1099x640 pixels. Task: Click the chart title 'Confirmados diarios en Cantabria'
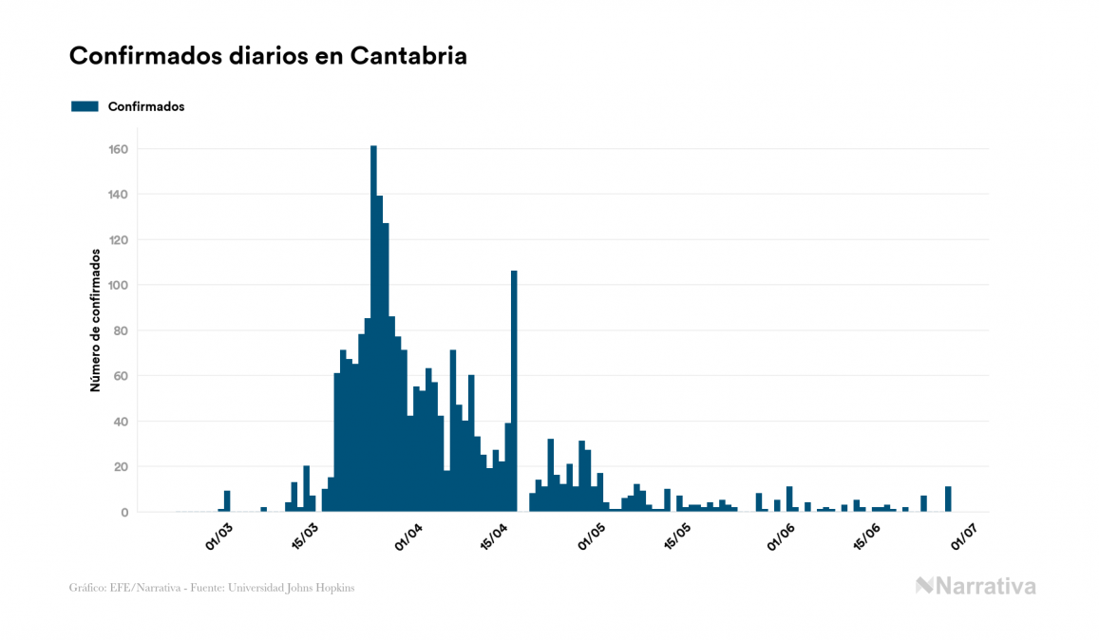[x=268, y=56]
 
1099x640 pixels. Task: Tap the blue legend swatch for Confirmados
[x=85, y=106]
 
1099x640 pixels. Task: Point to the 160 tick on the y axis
[x=119, y=149]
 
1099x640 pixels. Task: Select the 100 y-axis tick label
[x=119, y=285]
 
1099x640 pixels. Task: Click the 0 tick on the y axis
[x=124, y=512]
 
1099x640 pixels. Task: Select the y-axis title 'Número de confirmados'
[x=95, y=321]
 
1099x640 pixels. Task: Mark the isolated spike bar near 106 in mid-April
[x=514, y=389]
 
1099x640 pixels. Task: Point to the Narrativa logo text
[x=985, y=586]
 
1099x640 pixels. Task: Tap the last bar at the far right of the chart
[x=948, y=499]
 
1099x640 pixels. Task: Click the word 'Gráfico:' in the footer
[x=88, y=588]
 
